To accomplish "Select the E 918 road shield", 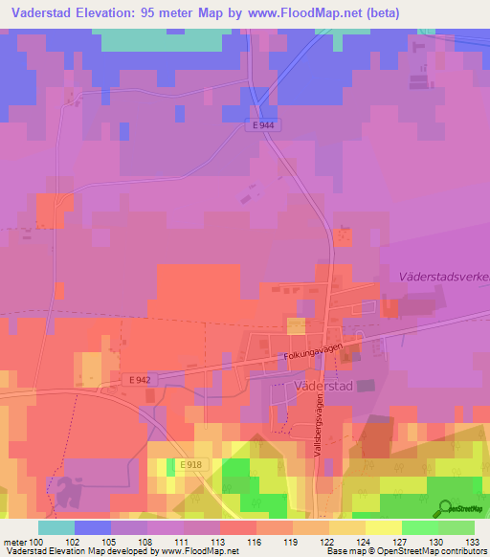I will pos(189,464).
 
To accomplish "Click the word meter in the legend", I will pos(14,541).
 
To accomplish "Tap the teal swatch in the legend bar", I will pos(56,527).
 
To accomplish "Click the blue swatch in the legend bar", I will pos(93,527).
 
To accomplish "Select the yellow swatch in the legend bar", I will pos(383,527).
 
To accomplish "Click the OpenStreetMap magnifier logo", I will pos(443,509).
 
